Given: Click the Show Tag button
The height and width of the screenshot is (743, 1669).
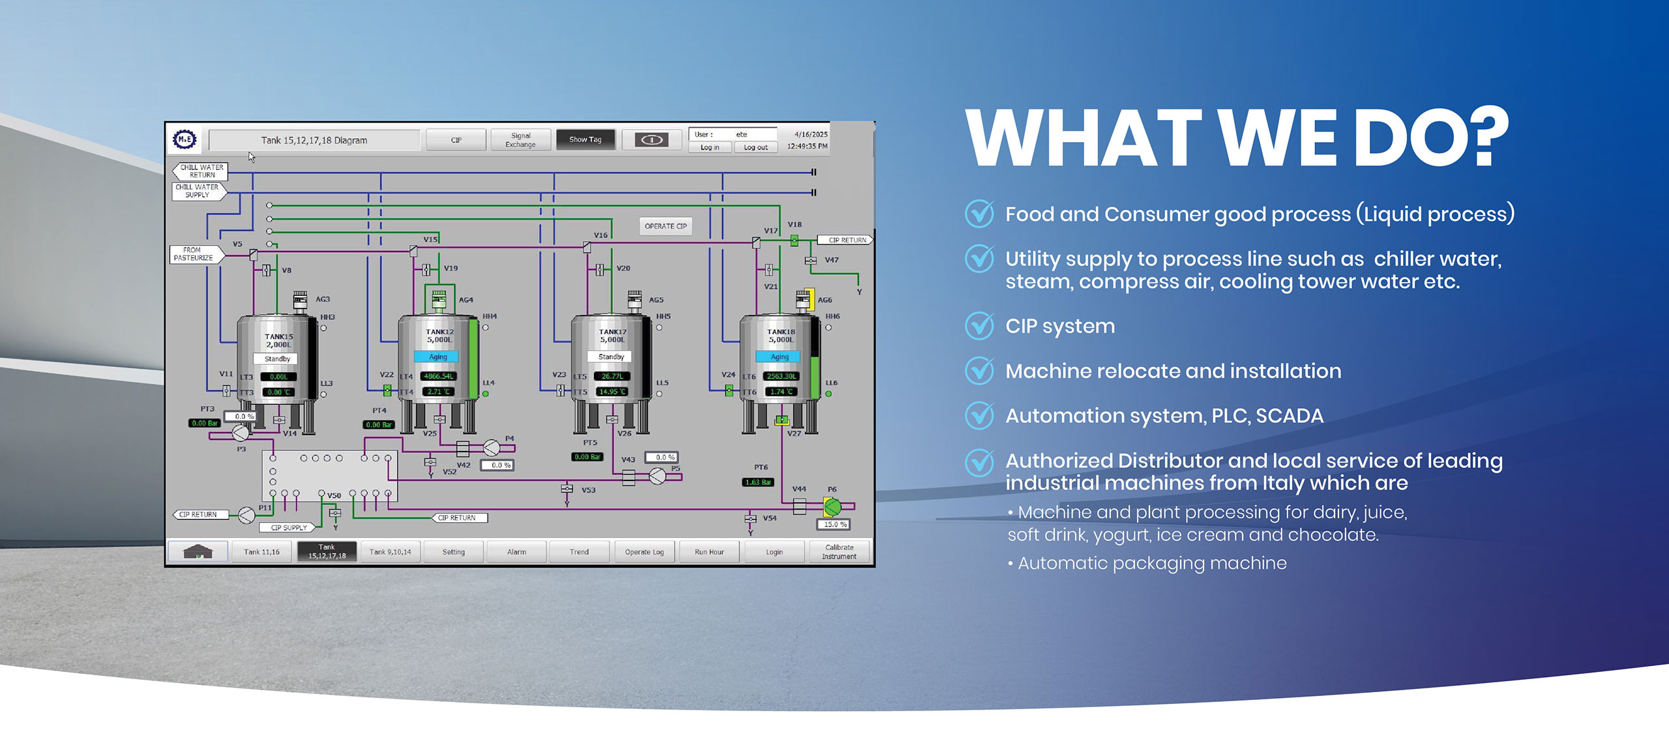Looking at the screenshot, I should pos(585,139).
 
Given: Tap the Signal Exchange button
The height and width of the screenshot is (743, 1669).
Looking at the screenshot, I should pos(520,140).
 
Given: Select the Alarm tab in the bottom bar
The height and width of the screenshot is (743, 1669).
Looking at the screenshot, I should pos(516,552).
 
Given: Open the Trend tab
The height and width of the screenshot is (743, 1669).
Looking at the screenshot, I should pos(579,552).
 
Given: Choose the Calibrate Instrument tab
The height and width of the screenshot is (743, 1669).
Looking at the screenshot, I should pos(839,552).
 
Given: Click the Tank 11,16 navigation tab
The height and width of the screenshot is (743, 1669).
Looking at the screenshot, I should pos(261,552).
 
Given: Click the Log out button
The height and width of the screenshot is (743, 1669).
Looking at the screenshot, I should pos(756,148).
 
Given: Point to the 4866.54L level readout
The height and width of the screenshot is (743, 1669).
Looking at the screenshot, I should pos(438,376).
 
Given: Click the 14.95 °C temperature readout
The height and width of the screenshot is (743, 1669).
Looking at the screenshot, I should pos(612,392).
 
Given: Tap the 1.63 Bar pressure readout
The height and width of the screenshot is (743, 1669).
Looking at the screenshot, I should pos(758,482).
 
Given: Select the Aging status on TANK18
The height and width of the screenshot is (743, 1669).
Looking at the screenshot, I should pos(780,357).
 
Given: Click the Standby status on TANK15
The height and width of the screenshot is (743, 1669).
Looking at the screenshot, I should pos(277,359).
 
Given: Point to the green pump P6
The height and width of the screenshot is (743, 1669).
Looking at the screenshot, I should pos(833,506).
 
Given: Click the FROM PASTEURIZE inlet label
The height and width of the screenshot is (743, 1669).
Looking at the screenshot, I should pos(194,254).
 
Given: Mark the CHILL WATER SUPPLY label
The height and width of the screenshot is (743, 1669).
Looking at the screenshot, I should pos(198,191).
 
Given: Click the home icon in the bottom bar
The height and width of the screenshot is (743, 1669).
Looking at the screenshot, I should pos(198,552).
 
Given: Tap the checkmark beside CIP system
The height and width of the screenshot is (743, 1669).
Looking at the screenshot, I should pos(979,326).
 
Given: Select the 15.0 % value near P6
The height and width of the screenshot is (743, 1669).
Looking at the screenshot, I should pos(834,525).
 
